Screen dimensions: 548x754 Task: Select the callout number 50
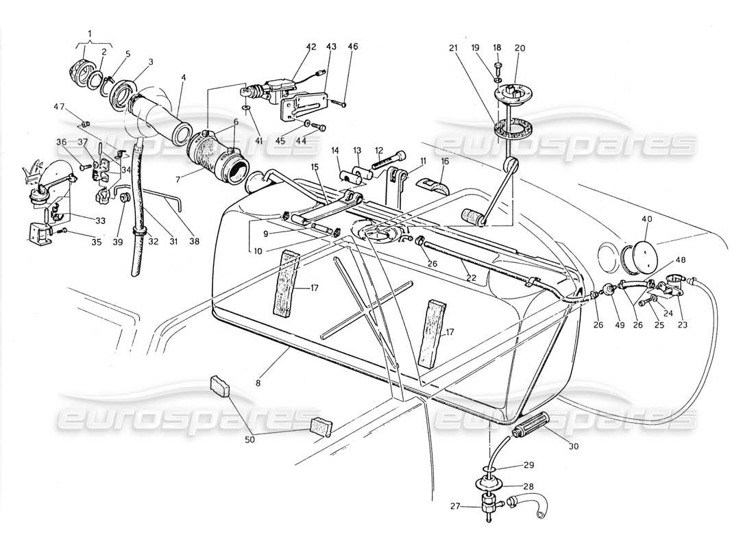[x=250, y=439]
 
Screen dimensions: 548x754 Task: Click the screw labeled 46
[x=341, y=103]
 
